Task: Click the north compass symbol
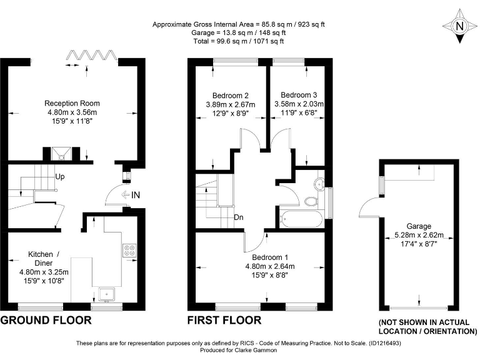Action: (x=460, y=26)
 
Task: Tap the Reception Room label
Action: (x=72, y=103)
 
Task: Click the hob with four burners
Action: (x=131, y=249)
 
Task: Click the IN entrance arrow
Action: (x=131, y=195)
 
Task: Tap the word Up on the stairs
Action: (x=60, y=176)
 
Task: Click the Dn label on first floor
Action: (x=239, y=217)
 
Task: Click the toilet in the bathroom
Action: (x=311, y=201)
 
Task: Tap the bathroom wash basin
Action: (x=318, y=182)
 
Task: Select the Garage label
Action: (x=418, y=226)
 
